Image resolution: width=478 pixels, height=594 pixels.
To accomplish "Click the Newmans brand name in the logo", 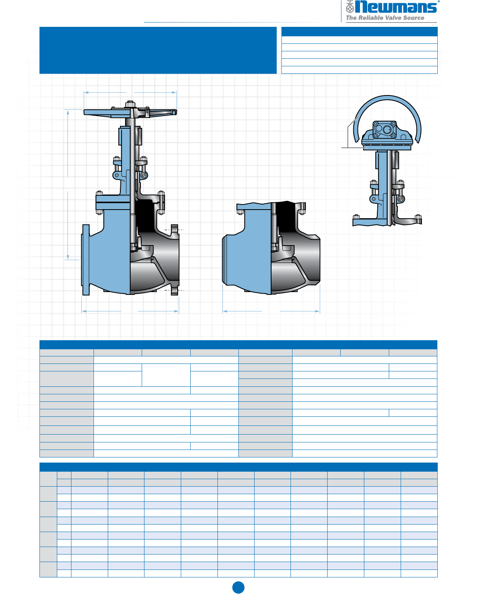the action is (396, 7).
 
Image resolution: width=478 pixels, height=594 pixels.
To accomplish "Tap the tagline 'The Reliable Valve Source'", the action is (385, 18).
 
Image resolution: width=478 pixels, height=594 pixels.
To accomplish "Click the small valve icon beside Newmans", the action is (350, 7).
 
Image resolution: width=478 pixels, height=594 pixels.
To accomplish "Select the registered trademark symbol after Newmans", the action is (439, 2).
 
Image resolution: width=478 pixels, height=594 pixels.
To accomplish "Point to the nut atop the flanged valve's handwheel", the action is (130, 104).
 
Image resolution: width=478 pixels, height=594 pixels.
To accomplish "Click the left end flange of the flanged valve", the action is (85, 260).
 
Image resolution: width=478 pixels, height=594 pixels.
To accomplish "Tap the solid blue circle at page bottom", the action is (238, 587).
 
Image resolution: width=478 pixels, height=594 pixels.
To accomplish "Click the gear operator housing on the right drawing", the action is (387, 134).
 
